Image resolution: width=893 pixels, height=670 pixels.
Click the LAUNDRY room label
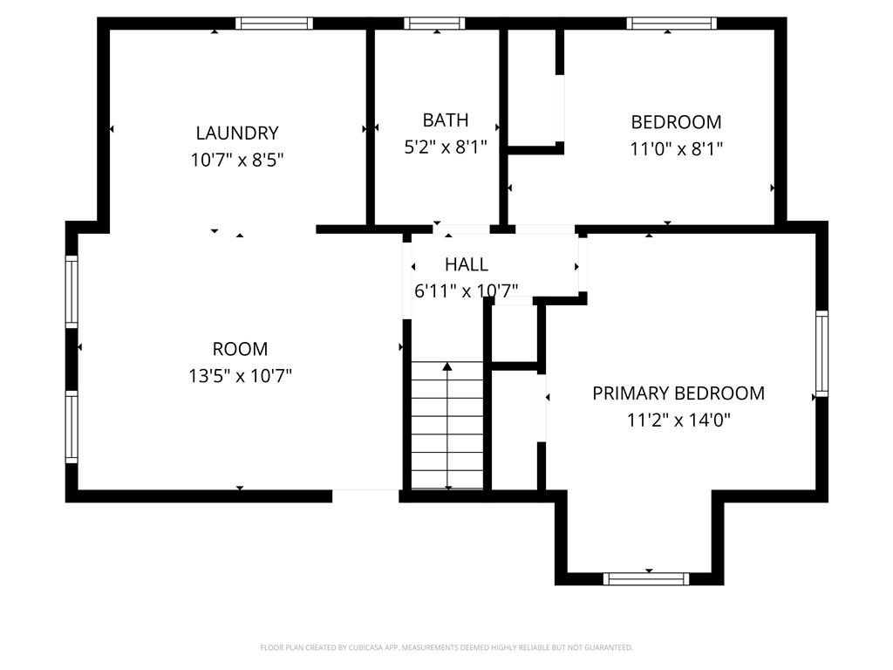[237, 133]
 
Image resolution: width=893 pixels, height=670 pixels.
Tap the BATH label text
[446, 120]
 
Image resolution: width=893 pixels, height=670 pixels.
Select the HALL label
[467, 264]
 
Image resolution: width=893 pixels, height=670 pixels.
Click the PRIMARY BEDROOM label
[678, 393]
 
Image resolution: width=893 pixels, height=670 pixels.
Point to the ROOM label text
[240, 349]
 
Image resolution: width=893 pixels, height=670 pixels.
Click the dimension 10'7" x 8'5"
[237, 161]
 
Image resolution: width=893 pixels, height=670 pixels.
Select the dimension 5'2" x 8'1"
[446, 147]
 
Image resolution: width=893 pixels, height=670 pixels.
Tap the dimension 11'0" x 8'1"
[676, 148]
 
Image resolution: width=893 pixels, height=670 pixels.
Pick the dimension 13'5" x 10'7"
[240, 376]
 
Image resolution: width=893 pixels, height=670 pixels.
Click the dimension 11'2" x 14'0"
[678, 420]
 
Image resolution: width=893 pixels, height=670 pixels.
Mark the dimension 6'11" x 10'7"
[466, 291]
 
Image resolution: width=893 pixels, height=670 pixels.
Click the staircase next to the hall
[447, 425]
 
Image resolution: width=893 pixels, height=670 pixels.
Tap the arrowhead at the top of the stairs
[447, 366]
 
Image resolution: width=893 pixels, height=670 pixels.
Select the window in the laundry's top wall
[274, 24]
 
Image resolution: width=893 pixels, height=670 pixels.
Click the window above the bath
[434, 24]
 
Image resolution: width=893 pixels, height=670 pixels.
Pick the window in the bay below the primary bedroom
[646, 579]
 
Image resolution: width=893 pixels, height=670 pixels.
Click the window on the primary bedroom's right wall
[821, 353]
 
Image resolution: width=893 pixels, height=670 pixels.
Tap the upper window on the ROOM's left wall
[72, 291]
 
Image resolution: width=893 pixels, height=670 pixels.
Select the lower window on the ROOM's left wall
[72, 427]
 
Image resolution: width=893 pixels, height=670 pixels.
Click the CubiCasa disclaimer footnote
[446, 647]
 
